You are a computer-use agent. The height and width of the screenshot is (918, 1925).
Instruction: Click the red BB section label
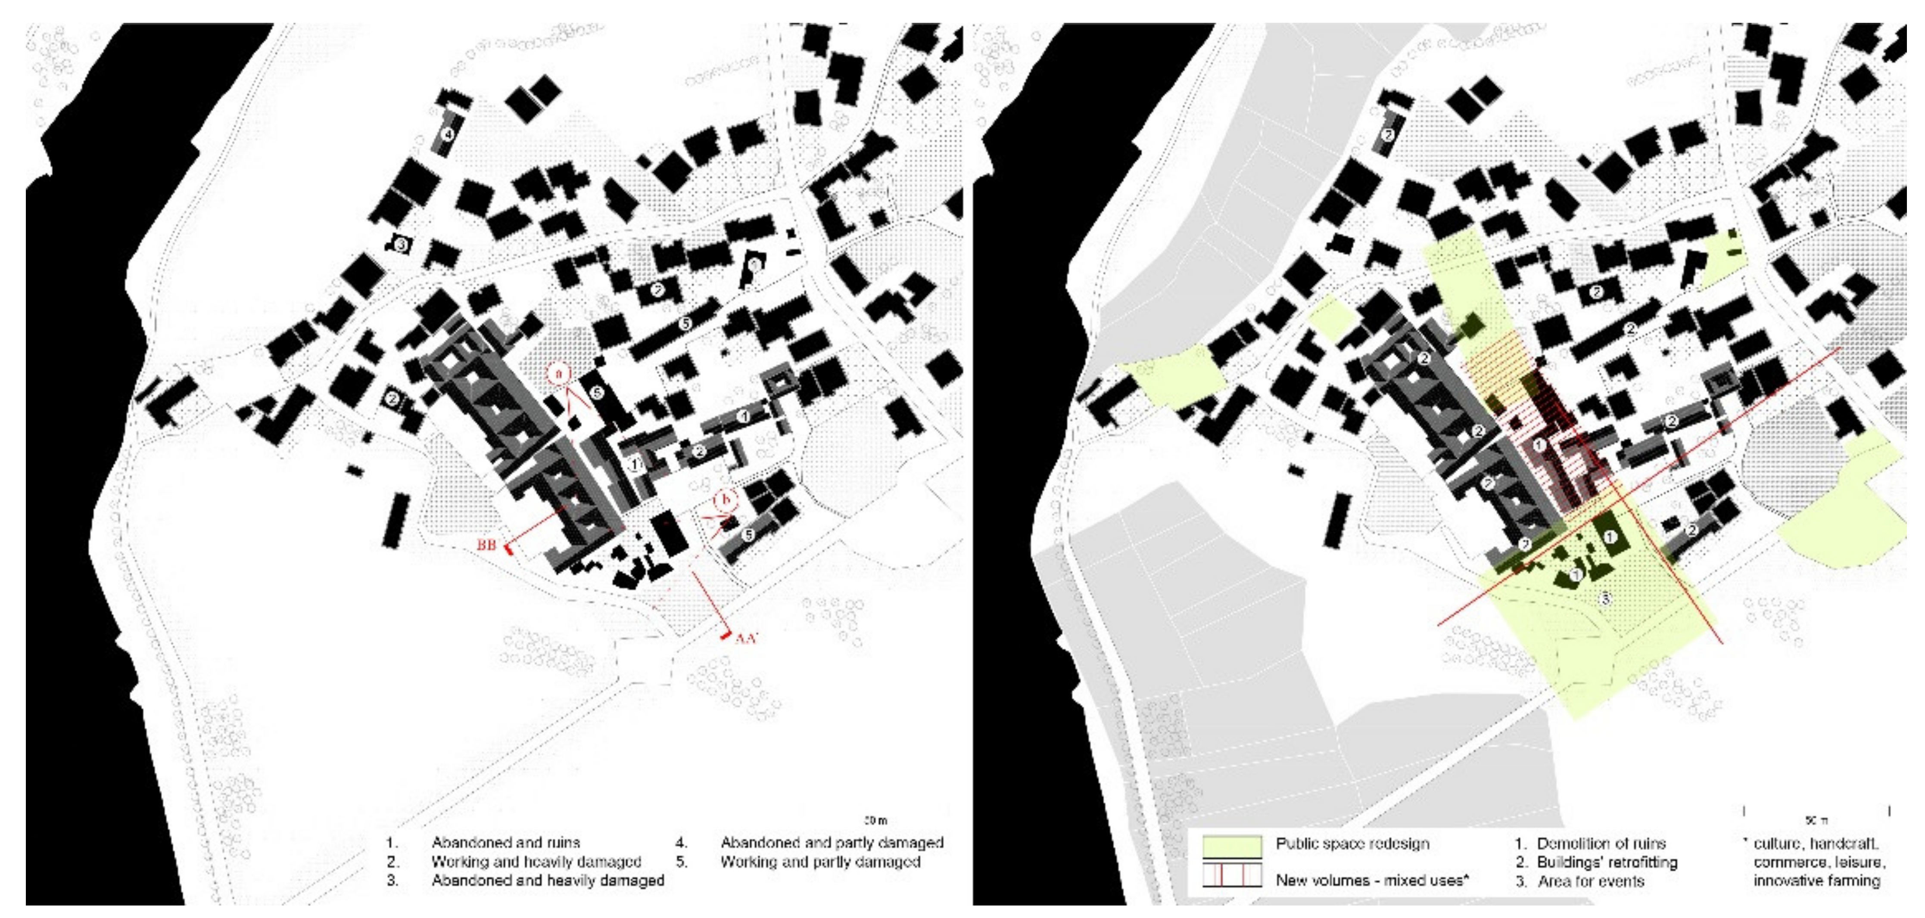point(486,545)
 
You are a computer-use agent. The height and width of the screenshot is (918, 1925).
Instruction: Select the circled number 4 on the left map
point(447,135)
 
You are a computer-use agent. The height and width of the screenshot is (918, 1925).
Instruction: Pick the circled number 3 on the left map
point(401,244)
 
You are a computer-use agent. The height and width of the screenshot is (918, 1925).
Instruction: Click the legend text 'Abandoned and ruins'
point(505,843)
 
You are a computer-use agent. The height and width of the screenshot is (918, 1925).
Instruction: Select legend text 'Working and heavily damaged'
point(536,861)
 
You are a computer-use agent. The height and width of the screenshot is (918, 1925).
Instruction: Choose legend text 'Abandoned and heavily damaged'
point(547,881)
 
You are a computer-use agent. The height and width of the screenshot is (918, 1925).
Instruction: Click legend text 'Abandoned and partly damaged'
point(832,843)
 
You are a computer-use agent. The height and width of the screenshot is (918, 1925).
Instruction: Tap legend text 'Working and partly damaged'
point(820,861)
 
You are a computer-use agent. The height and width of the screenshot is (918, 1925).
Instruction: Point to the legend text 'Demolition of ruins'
point(1601,844)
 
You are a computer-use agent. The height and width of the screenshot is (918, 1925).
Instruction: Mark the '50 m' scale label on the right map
point(1816,821)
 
